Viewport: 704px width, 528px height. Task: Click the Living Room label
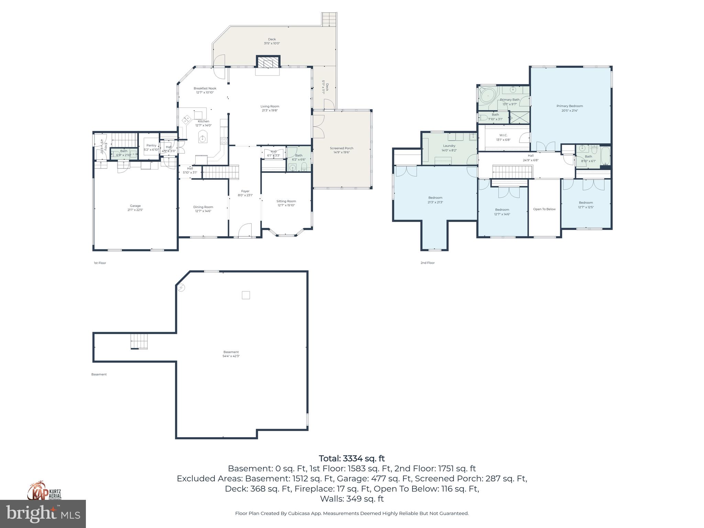click(x=269, y=108)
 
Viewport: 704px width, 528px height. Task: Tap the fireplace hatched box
click(x=268, y=62)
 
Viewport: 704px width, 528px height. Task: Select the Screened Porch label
click(x=341, y=150)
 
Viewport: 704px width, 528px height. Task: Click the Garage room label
click(x=135, y=208)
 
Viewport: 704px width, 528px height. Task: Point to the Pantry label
click(x=151, y=147)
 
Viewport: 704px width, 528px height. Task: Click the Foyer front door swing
click(x=245, y=230)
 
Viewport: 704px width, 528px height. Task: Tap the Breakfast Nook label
click(x=205, y=90)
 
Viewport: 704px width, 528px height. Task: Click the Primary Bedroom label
click(x=570, y=108)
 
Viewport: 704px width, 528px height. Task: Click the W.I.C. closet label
click(x=503, y=137)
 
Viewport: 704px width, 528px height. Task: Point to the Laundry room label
click(x=449, y=148)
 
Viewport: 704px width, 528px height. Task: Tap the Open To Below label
click(x=544, y=209)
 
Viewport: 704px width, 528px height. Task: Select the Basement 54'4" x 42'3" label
click(x=231, y=354)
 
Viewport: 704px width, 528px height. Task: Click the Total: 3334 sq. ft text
click(x=352, y=458)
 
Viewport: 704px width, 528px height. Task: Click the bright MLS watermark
click(x=43, y=514)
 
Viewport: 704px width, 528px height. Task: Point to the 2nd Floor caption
click(x=427, y=263)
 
